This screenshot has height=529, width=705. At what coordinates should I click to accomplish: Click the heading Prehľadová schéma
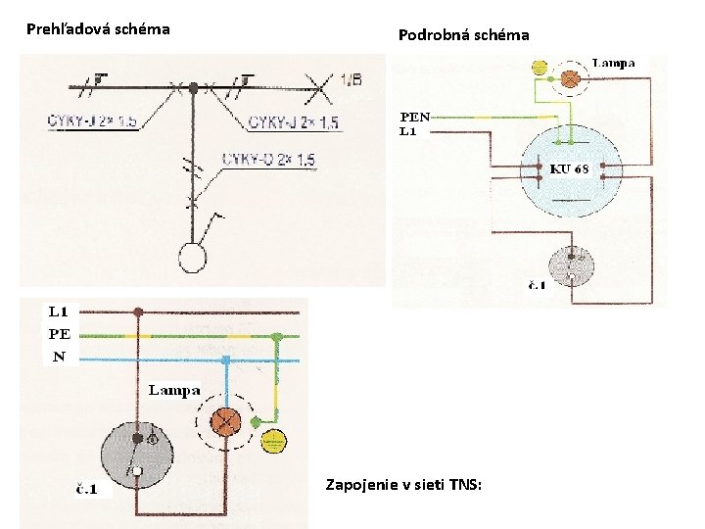pos(98,29)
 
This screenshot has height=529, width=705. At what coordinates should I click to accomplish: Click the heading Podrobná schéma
pos(463,35)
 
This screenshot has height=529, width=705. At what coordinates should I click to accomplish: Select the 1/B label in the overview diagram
pos(352,79)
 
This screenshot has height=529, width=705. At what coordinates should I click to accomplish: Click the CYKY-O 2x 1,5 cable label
pos(268,161)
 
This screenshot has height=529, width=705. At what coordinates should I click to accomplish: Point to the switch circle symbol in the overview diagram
pos(193,258)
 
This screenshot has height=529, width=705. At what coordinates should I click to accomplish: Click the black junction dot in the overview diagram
pos(194,88)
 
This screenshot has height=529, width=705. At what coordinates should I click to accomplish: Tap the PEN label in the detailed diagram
pos(414,116)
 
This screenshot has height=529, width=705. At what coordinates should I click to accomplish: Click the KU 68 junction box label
pos(570,168)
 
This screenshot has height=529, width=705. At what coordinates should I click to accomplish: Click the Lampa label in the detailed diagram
pos(614,63)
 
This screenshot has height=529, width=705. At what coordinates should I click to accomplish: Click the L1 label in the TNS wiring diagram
pos(59,313)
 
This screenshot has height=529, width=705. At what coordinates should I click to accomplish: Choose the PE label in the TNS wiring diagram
pos(59,334)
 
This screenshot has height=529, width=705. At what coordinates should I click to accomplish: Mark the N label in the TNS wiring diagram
pos(59,358)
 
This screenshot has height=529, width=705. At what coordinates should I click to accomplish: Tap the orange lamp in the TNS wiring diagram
pos(227,422)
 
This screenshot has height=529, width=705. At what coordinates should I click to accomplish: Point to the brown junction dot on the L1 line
pos(139,313)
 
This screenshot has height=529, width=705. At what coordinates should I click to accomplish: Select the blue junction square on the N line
pos(225,361)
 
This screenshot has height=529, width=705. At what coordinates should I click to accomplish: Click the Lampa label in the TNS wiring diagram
pos(174,390)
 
